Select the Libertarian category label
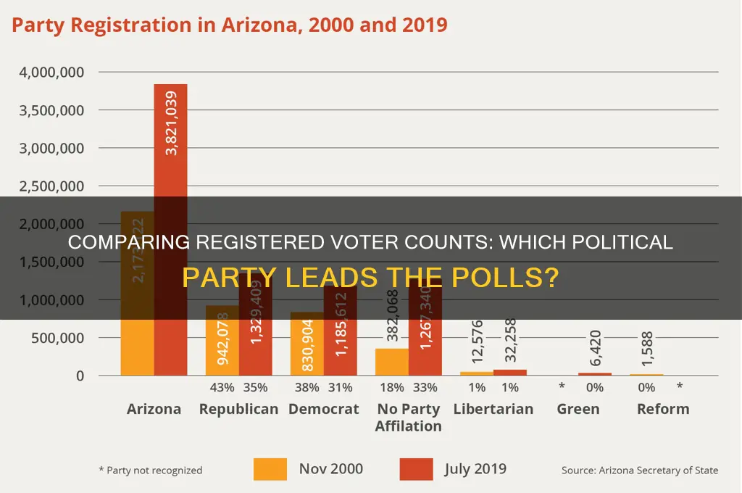pos(493,409)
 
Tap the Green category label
pos(578,409)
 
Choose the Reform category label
pos(662,409)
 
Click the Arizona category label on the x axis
pos(154,409)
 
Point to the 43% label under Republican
pos(221,388)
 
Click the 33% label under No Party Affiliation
pos(425,388)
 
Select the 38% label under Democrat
pos(306,388)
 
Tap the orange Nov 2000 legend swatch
pos(270,469)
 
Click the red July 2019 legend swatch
pos(415,469)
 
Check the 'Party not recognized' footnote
pos(150,471)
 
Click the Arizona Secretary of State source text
pos(640,471)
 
